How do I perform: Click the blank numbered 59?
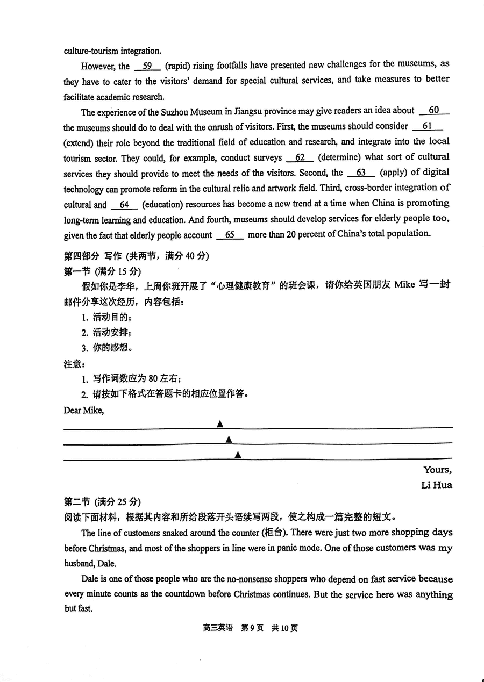pos(147,66)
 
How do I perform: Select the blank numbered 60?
pos(433,111)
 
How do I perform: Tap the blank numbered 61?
pos(428,126)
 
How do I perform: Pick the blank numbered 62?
pos(300,157)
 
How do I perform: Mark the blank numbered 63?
pos(361,173)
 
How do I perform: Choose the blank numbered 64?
pos(125,205)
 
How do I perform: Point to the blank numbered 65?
pos(230,235)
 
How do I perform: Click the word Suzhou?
pos(175,112)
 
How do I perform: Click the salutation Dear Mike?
pos(83,411)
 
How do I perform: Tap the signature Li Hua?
pos(436,485)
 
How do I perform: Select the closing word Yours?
pos(437,470)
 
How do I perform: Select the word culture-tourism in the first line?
pos(91,51)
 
